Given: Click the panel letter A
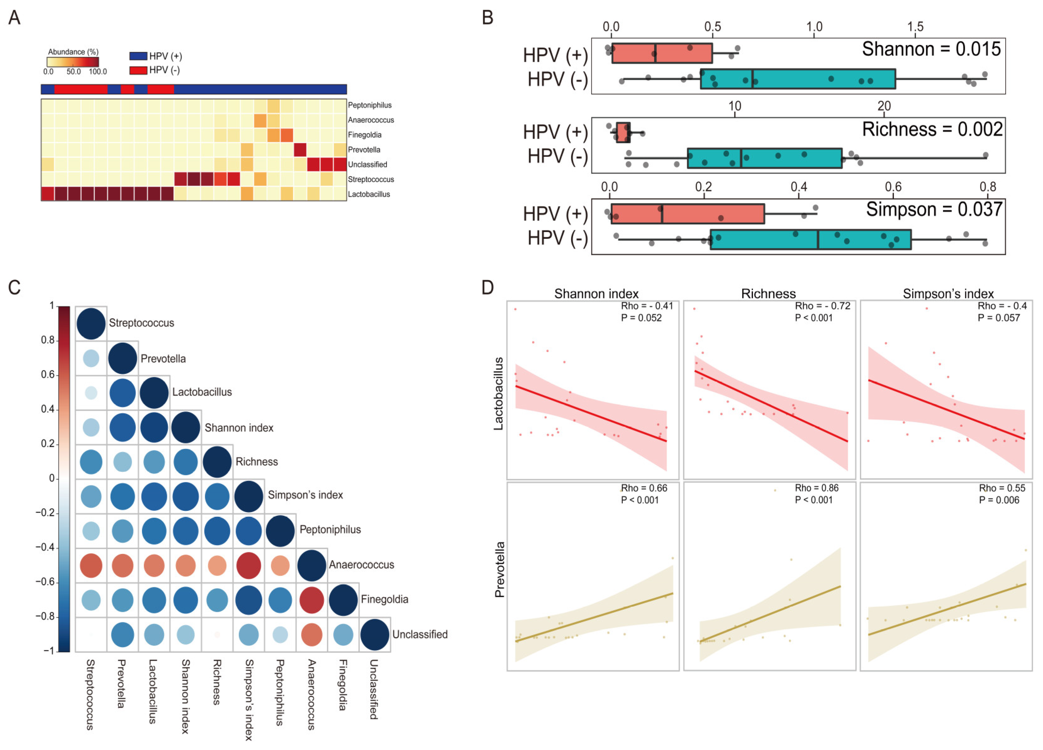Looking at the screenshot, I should [x=15, y=18].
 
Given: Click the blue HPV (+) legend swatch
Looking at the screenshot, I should [x=138, y=56].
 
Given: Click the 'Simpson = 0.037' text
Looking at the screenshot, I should [x=934, y=209].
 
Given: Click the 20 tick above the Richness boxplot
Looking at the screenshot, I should [x=884, y=106].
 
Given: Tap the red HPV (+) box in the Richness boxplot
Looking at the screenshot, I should [x=623, y=133].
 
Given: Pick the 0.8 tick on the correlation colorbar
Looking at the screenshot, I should [x=48, y=340].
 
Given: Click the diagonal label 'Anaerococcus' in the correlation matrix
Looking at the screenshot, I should [x=361, y=565].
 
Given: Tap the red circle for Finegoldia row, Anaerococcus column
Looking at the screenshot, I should [x=311, y=600].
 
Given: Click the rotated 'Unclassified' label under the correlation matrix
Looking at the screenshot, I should [x=374, y=689].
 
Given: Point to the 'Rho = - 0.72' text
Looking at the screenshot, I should [x=822, y=306].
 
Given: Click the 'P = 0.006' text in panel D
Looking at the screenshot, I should [x=999, y=500].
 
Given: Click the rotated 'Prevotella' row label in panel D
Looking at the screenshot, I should [x=500, y=570].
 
